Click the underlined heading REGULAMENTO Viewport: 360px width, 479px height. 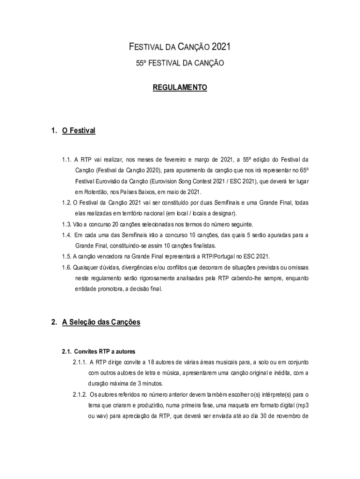click(x=180, y=87)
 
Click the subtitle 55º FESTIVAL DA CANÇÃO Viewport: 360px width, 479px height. click(x=180, y=62)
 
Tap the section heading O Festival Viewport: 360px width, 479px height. click(x=79, y=131)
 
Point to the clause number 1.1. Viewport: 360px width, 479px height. click(x=66, y=160)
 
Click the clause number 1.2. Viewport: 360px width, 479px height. click(x=66, y=203)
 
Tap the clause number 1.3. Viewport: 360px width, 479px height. click(x=66, y=224)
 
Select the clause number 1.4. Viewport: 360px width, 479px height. click(x=66, y=235)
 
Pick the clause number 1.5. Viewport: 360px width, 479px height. click(x=66, y=256)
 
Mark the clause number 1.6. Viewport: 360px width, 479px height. click(x=66, y=268)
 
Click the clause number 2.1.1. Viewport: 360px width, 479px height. click(x=79, y=362)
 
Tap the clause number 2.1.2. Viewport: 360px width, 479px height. click(x=79, y=394)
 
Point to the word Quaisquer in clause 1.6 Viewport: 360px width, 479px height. click(x=86, y=268)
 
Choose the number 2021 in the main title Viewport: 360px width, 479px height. click(x=221, y=47)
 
